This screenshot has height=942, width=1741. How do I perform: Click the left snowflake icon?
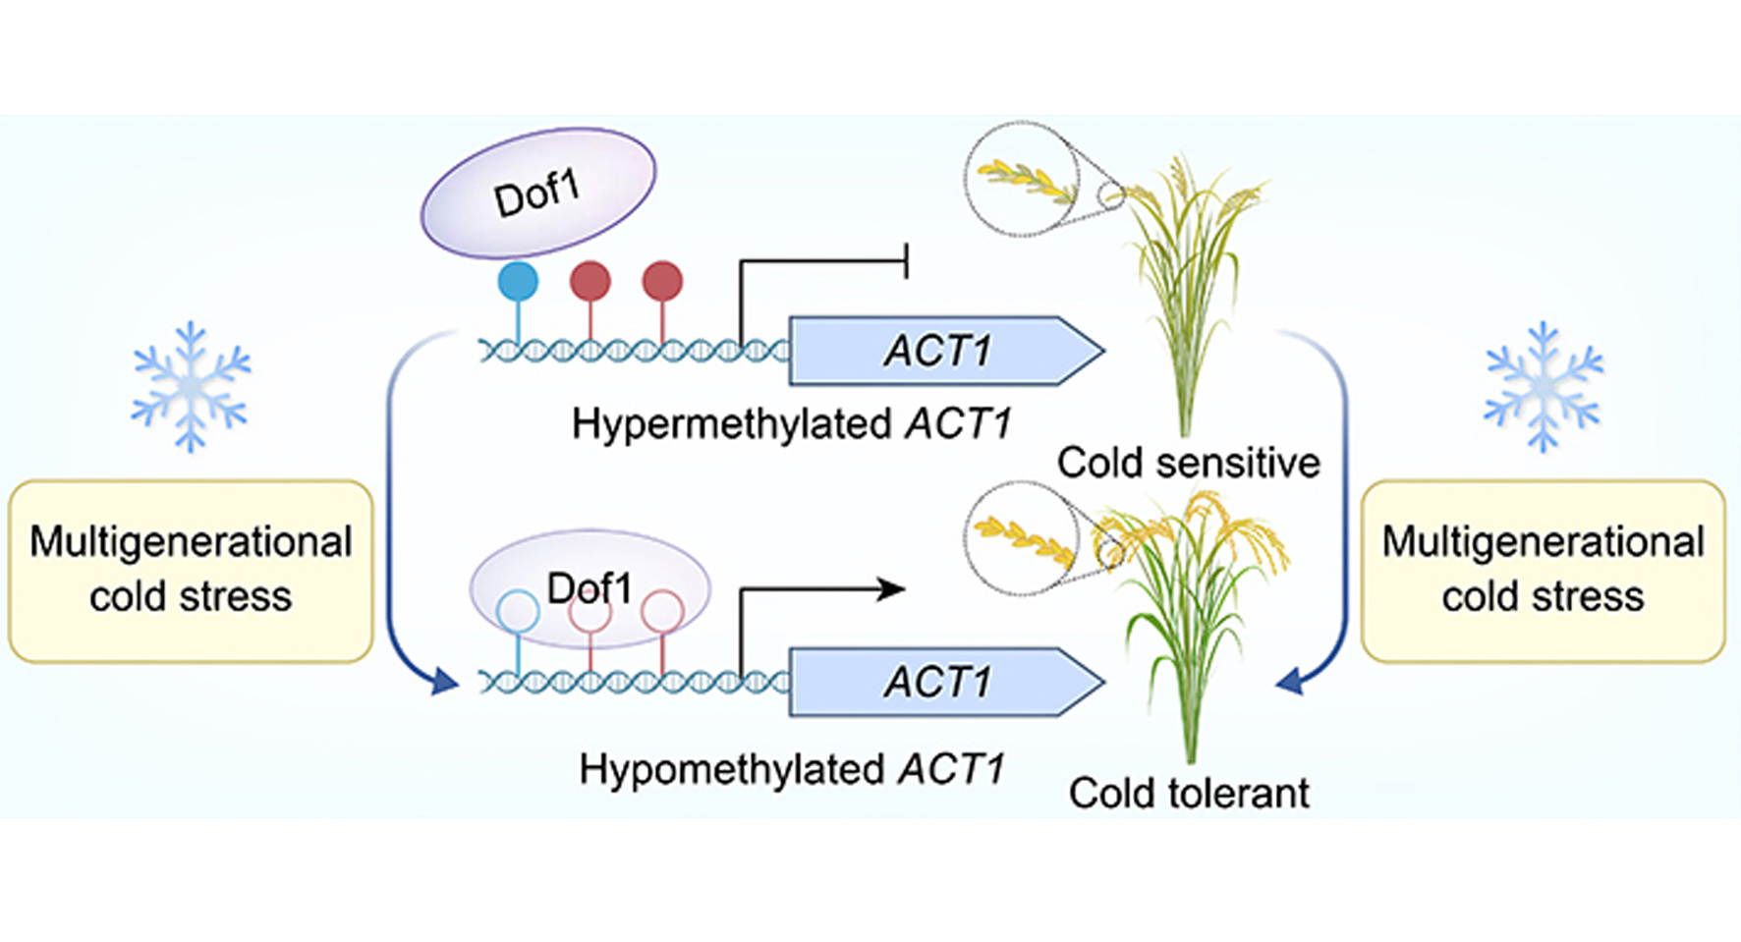191,387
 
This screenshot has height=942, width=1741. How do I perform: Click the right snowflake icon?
1543,387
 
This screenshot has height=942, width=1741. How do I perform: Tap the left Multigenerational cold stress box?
191,571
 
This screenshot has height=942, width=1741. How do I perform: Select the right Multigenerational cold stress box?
1543,571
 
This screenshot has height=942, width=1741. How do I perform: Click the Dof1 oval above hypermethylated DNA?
537,193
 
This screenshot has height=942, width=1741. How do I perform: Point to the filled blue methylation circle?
518,281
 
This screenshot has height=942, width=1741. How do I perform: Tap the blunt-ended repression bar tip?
905,261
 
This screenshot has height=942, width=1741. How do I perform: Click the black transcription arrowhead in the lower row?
892,589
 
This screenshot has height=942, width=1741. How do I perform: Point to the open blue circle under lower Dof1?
518,612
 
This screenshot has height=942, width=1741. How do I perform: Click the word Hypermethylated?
731,424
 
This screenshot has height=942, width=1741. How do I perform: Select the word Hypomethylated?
731,769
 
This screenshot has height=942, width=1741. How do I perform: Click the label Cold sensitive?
1188,463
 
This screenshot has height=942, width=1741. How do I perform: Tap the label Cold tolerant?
1188,794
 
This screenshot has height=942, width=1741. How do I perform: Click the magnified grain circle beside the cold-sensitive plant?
1022,179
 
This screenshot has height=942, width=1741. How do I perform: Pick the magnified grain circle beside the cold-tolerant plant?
1022,538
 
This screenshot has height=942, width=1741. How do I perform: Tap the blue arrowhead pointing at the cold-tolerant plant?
1290,680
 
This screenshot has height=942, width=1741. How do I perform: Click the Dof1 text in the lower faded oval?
589,588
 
